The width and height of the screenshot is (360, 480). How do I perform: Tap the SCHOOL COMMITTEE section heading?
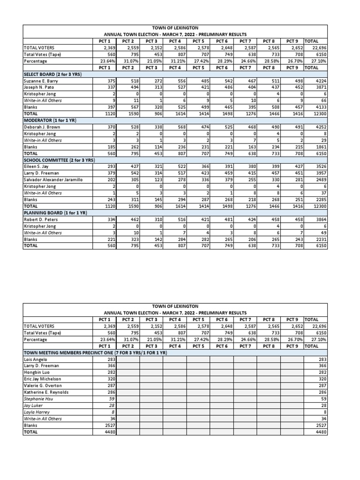[x=59, y=160]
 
